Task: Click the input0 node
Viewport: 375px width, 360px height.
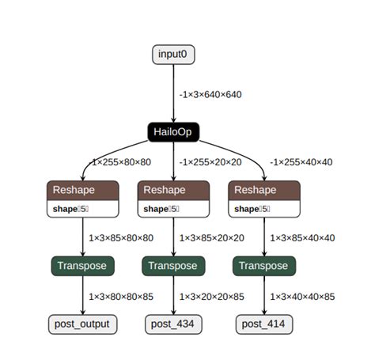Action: [x=173, y=55]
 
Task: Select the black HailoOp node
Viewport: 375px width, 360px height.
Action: [x=173, y=131]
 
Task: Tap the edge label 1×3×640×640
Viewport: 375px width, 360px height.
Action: [x=210, y=94]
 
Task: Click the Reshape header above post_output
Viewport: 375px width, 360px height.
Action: [x=82, y=190]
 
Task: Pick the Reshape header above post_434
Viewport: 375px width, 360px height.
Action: [x=173, y=190]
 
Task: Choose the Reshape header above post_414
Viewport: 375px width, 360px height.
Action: [x=264, y=190]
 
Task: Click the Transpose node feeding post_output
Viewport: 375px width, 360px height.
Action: [x=82, y=266]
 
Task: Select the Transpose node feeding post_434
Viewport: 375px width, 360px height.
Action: [x=173, y=266]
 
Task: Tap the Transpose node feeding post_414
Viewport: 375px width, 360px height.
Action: [x=264, y=266]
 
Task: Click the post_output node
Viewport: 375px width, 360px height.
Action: [x=82, y=323]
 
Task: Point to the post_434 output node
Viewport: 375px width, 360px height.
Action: [x=173, y=323]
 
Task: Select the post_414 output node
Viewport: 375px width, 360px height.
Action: [x=264, y=323]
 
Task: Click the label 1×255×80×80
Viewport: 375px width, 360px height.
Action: [x=122, y=161]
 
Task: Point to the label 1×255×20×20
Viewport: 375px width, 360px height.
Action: [x=210, y=161]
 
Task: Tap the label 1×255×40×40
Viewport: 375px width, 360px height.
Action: [x=301, y=161]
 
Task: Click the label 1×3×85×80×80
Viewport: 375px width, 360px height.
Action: [x=121, y=237]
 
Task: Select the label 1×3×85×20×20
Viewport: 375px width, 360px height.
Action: [x=211, y=237]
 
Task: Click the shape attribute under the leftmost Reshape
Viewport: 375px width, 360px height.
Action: [x=71, y=209]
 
